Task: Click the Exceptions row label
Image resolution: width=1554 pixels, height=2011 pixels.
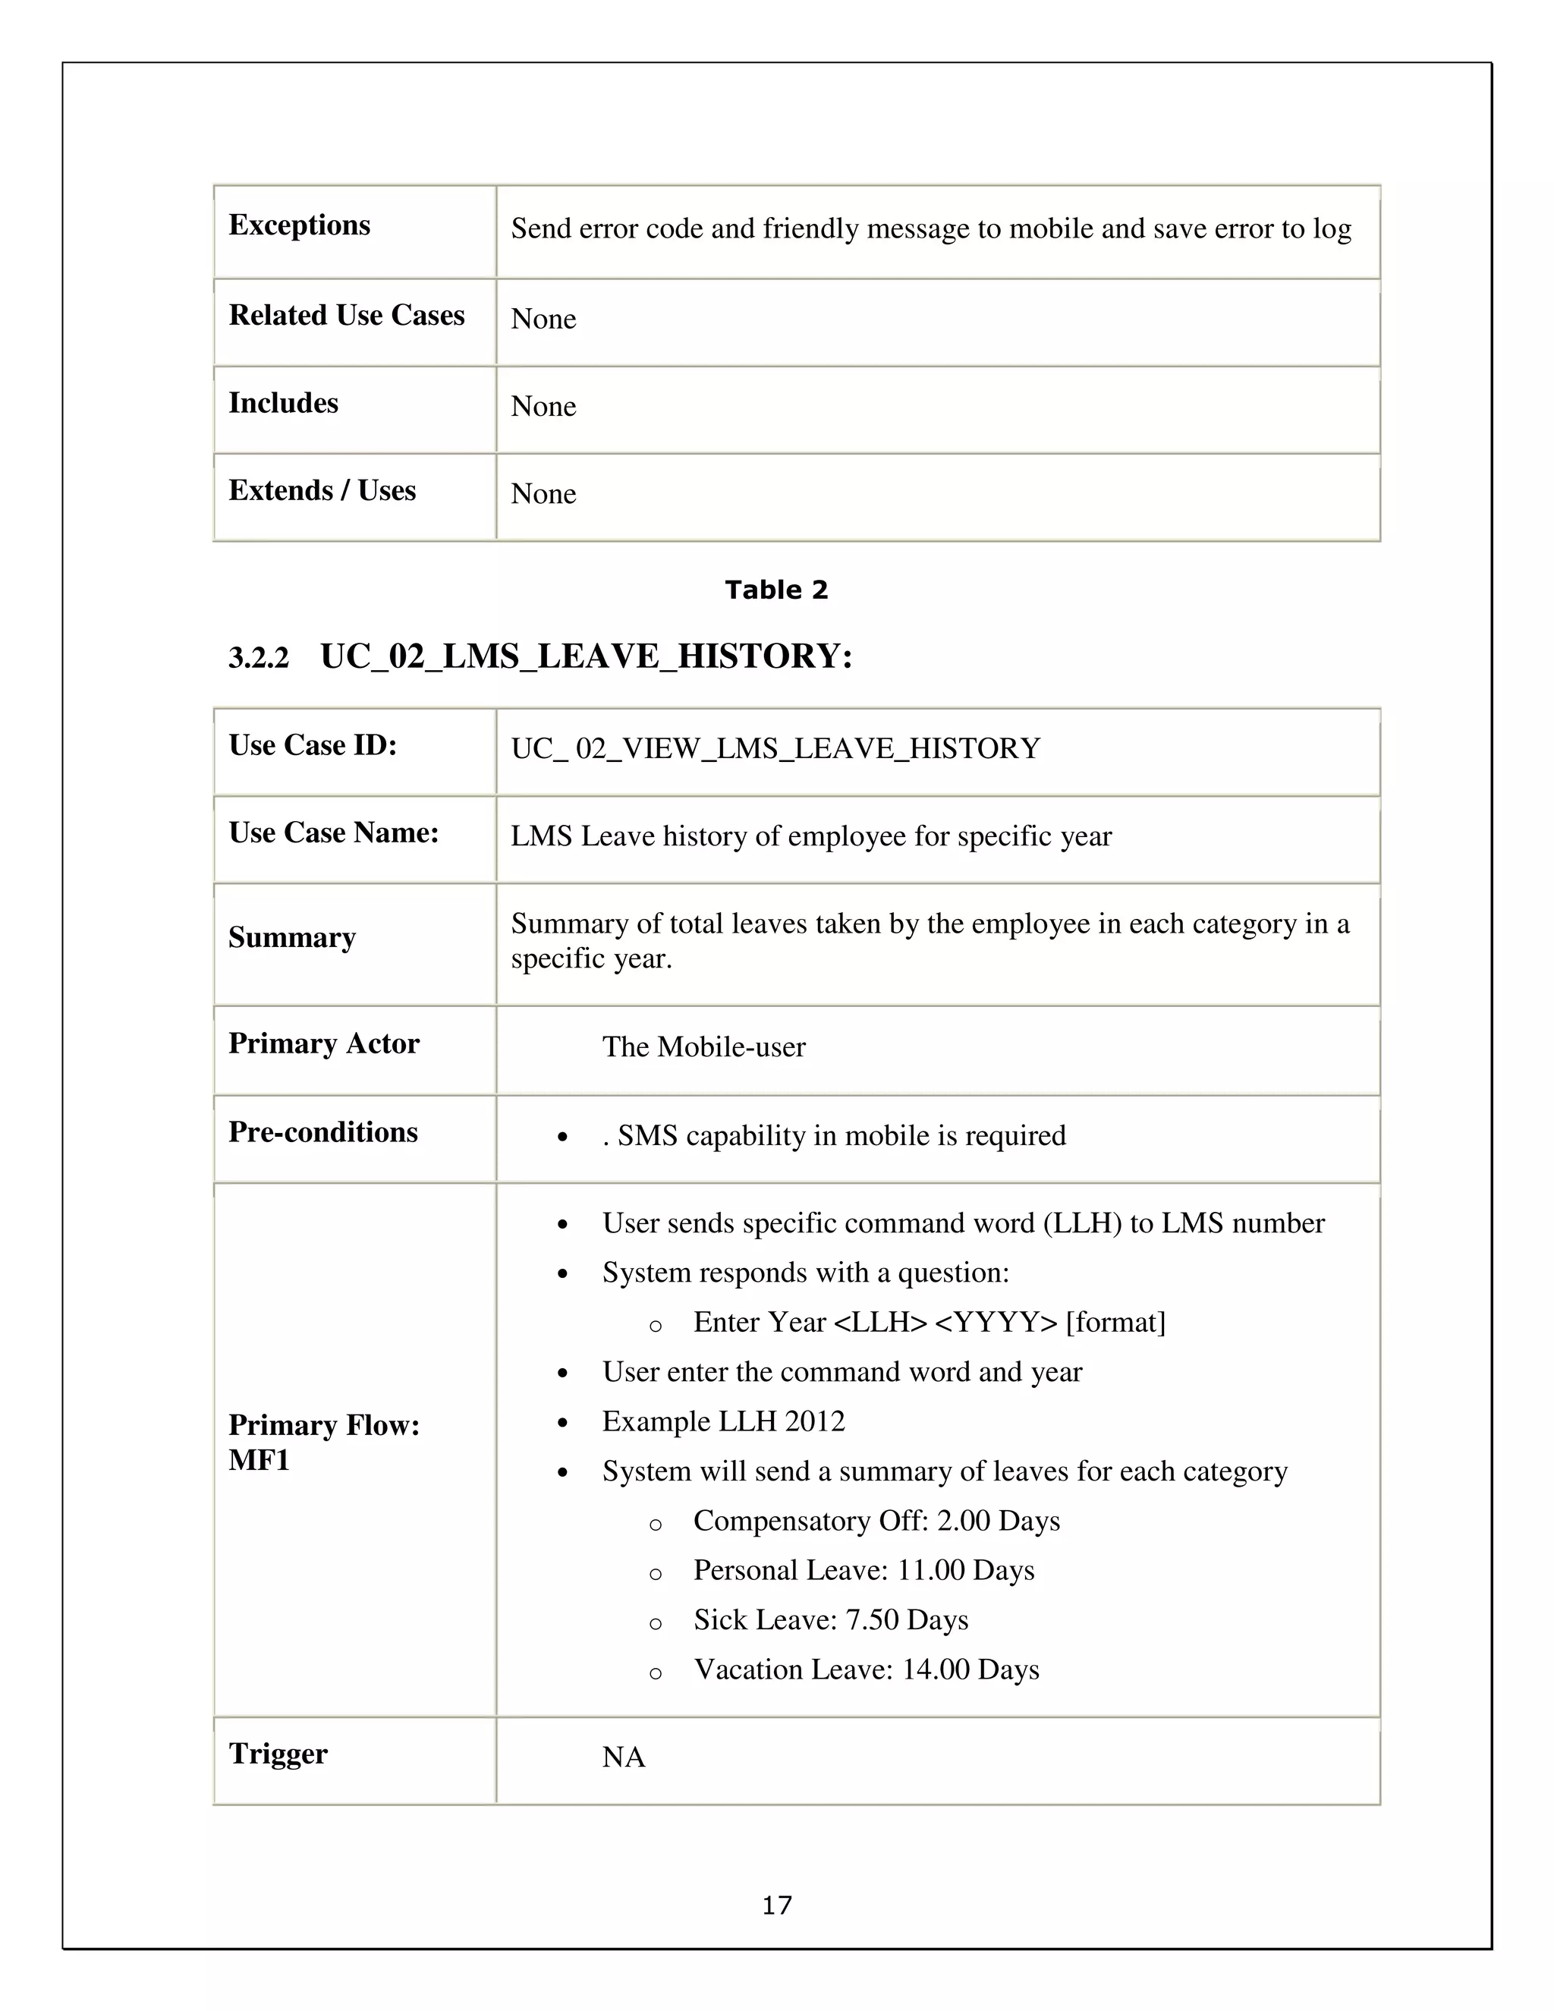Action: pos(299,225)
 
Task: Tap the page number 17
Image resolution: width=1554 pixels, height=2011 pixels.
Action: pos(776,1905)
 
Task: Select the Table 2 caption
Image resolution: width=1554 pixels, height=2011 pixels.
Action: pos(776,590)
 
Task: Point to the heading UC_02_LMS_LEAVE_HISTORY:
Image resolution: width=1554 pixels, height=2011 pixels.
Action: pos(587,656)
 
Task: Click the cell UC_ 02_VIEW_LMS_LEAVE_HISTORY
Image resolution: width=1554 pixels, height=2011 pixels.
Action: pos(775,748)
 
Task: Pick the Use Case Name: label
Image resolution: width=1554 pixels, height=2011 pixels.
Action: pos(333,832)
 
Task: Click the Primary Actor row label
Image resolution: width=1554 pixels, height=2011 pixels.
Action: pos(323,1043)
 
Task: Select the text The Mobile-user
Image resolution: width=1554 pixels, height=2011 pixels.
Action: pos(703,1047)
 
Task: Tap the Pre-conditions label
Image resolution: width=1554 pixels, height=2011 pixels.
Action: pos(322,1131)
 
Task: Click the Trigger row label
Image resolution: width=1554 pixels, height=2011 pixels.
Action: pos(277,1753)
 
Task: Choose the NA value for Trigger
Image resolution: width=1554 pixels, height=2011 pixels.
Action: pos(623,1757)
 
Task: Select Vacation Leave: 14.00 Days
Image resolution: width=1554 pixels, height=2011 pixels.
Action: pos(865,1670)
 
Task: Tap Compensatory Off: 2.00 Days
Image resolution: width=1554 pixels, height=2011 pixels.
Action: pos(876,1520)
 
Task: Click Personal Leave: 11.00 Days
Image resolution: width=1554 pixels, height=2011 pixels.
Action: pos(863,1570)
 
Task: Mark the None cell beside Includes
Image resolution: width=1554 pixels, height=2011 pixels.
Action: pos(543,406)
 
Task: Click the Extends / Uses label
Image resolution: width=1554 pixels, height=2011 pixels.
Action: pos(321,491)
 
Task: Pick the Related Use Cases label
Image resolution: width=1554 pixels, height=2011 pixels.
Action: pos(346,315)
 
